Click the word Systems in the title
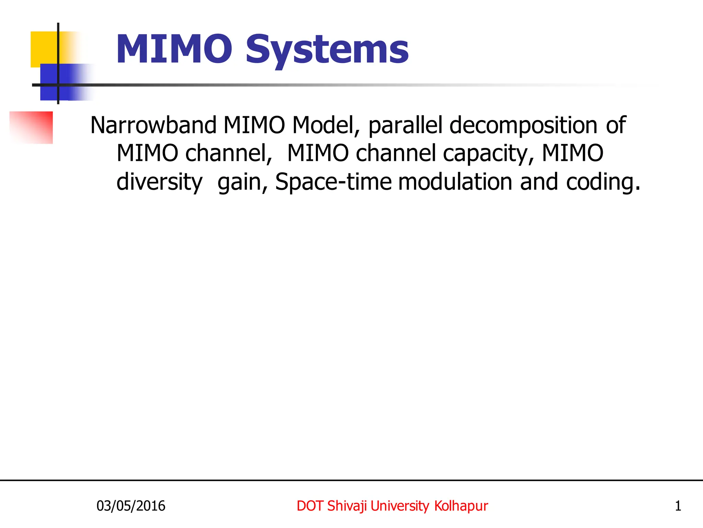click(x=327, y=50)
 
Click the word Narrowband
click(x=153, y=125)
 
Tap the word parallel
click(x=405, y=125)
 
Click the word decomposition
click(x=523, y=125)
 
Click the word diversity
click(x=159, y=182)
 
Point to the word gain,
click(x=242, y=182)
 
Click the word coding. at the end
click(x=603, y=182)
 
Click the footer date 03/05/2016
click(x=131, y=506)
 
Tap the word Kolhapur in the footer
click(x=461, y=506)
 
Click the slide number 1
click(x=678, y=506)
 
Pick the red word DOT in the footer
click(x=310, y=506)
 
